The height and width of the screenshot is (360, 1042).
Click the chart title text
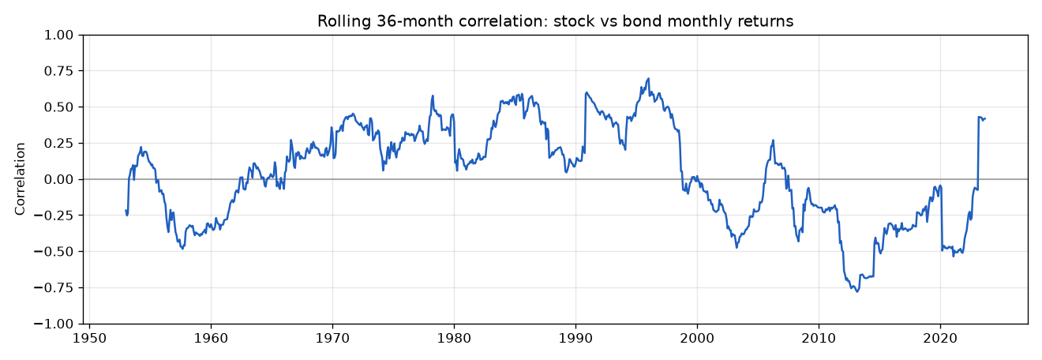[556, 21]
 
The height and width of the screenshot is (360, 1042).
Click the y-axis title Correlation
[20, 179]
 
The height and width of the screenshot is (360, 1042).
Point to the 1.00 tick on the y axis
[58, 36]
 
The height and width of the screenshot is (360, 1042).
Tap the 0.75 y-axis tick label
[58, 71]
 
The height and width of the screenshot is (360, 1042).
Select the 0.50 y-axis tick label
[58, 107]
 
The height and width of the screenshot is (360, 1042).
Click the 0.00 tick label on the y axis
[58, 179]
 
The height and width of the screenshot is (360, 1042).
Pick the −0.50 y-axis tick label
[54, 252]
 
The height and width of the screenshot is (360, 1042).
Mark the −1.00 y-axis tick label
[54, 324]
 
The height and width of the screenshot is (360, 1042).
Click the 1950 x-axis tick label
[89, 338]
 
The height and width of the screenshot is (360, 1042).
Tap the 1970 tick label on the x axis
[332, 338]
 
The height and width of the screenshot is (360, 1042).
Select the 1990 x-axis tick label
[575, 338]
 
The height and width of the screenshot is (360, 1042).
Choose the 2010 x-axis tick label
[819, 338]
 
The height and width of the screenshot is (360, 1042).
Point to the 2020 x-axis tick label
[940, 338]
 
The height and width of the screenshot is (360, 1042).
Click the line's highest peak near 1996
[648, 79]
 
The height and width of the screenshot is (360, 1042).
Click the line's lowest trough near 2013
[856, 291]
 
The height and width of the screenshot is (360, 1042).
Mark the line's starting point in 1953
[126, 210]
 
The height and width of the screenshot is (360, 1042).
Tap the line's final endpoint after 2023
[985, 118]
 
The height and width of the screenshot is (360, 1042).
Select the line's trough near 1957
[182, 249]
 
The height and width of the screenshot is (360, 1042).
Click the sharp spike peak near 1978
[433, 96]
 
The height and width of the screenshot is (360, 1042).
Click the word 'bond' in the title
[637, 21]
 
